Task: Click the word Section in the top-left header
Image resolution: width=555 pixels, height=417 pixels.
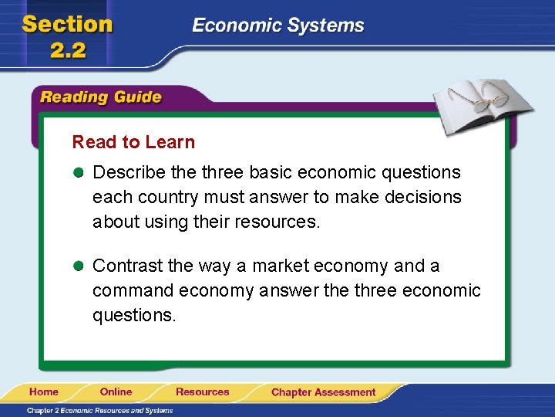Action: [68, 24]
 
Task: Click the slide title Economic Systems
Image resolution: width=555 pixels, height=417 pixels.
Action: [277, 25]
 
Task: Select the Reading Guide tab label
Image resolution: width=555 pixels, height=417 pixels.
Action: [101, 97]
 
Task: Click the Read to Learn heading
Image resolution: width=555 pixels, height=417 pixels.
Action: [133, 142]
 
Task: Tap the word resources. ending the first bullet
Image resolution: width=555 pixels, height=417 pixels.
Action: [279, 222]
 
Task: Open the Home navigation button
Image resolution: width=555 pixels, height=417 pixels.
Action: [44, 392]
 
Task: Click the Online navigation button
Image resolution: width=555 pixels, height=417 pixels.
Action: [116, 392]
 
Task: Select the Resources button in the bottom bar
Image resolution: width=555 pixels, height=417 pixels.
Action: [202, 392]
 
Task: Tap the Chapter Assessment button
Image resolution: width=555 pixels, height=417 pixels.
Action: [323, 392]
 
